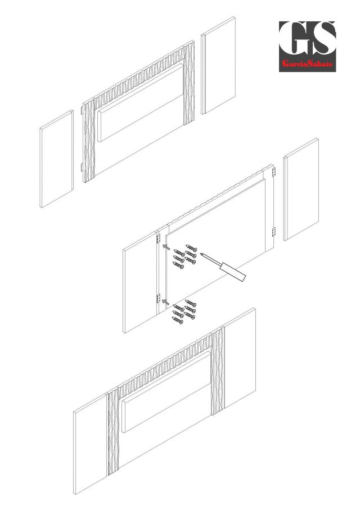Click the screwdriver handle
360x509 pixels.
coord(232,272)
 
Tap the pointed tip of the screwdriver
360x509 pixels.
coord(201,254)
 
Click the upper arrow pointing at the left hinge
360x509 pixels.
coord(166,247)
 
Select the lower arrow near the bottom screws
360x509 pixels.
coord(165,303)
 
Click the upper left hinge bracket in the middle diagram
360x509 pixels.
coord(159,238)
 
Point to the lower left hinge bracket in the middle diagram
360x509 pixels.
coord(159,298)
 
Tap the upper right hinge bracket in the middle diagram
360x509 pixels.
coord(273,172)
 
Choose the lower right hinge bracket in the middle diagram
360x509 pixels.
coord(273,232)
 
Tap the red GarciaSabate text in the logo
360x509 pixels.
coord(308,64)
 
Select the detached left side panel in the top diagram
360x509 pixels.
coord(56,159)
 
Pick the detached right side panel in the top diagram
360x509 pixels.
coord(218,65)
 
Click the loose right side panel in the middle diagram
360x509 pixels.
coord(301,189)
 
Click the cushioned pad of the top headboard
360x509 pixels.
coord(141,102)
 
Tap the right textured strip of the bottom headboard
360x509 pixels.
coord(218,371)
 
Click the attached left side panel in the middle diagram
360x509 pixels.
coord(140,282)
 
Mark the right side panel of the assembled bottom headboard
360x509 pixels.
coord(240,358)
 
